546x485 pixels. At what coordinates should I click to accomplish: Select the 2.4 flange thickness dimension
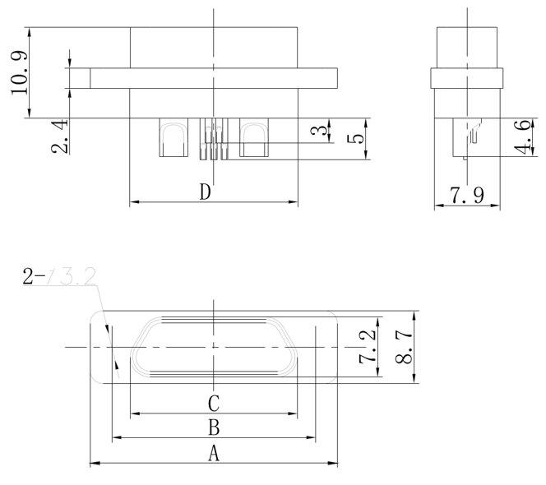coord(59,136)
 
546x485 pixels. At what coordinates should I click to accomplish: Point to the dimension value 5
coord(355,137)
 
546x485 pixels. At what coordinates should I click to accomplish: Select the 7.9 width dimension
coord(466,196)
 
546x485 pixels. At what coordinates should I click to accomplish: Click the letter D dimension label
coord(206,192)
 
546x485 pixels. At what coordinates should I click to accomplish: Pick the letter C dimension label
coord(213,403)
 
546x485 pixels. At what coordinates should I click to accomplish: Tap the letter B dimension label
coord(213,427)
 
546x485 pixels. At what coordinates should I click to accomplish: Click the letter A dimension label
coord(213,453)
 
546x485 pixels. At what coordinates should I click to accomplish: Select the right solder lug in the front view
coord(254,139)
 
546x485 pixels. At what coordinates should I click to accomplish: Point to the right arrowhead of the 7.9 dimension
coord(496,206)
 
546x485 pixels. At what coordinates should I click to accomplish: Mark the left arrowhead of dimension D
coord(134,201)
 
